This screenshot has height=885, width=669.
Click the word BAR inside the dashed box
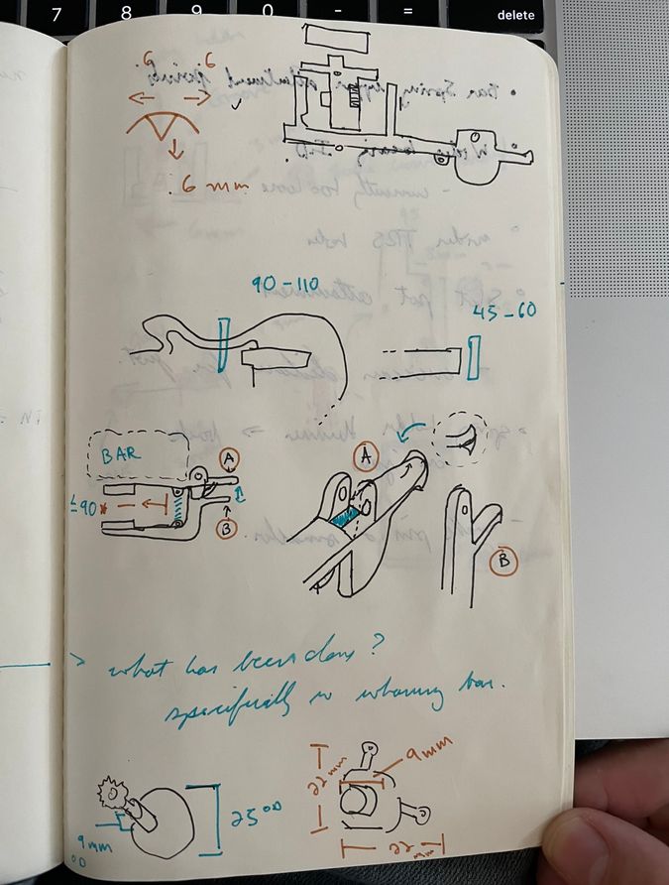pyautogui.click(x=123, y=455)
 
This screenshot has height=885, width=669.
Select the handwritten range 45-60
pyautogui.click(x=506, y=312)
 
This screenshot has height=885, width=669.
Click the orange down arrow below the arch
pyautogui.click(x=173, y=150)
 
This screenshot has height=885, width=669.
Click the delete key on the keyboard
pyautogui.click(x=514, y=15)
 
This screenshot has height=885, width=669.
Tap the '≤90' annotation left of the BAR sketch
pyautogui.click(x=90, y=506)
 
